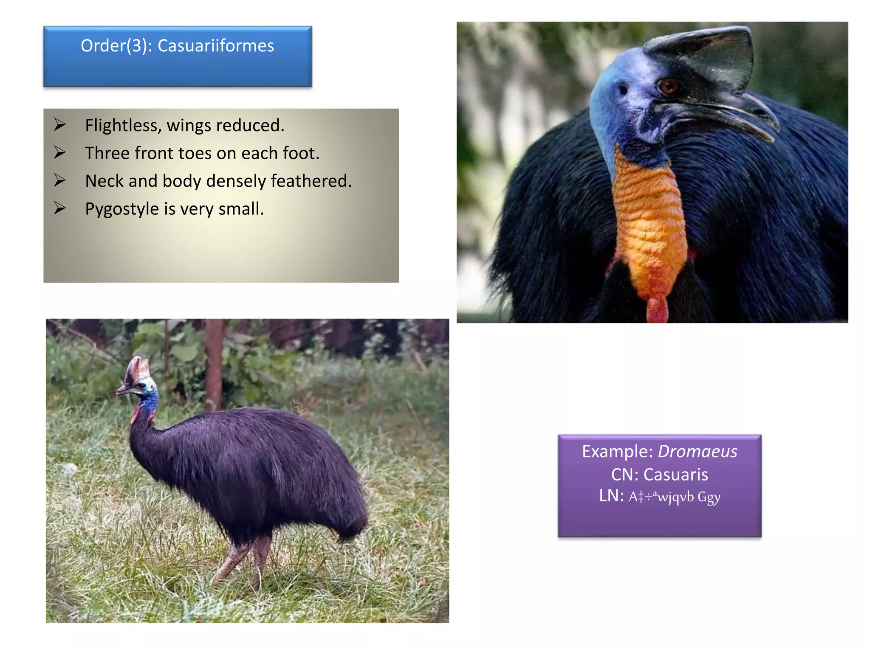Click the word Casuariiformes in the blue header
216,46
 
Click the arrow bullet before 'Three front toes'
60,152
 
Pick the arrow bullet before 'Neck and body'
60,180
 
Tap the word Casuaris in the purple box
675,475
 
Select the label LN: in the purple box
611,496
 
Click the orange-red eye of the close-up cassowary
668,87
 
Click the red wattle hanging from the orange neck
657,310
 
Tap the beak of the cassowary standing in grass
123,390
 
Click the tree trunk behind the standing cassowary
214,365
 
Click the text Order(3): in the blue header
116,46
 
